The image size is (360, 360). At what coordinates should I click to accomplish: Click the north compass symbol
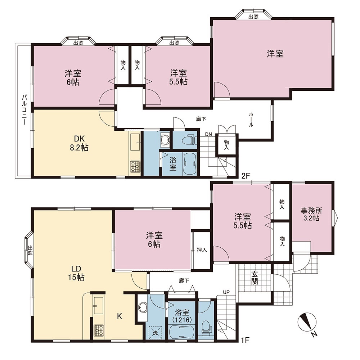coord(307,322)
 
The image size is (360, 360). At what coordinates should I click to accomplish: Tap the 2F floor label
coord(246,176)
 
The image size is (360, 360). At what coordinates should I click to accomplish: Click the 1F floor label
coord(245,340)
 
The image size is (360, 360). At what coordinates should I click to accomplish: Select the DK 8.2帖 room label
coord(79,143)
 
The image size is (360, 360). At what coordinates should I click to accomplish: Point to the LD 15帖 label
coord(76,273)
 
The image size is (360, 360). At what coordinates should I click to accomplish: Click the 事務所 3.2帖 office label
coord(311,214)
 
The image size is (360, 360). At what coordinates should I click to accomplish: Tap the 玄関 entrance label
coord(255,278)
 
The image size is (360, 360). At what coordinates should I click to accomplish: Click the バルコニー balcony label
coord(24,110)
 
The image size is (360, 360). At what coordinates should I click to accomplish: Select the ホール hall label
coord(251,119)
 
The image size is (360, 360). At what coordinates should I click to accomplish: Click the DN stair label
coord(208,134)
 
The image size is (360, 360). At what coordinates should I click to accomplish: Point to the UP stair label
coord(226,292)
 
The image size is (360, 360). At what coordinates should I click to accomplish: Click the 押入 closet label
coord(202,250)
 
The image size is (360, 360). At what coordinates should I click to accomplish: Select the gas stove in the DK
coord(135,166)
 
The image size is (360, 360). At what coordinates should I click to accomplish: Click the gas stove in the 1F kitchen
coord(99,330)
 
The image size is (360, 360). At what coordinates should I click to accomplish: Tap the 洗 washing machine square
coord(155,333)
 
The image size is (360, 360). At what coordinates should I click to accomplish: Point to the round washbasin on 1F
coord(143,307)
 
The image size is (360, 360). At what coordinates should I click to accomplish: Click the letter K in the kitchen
coord(120,316)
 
